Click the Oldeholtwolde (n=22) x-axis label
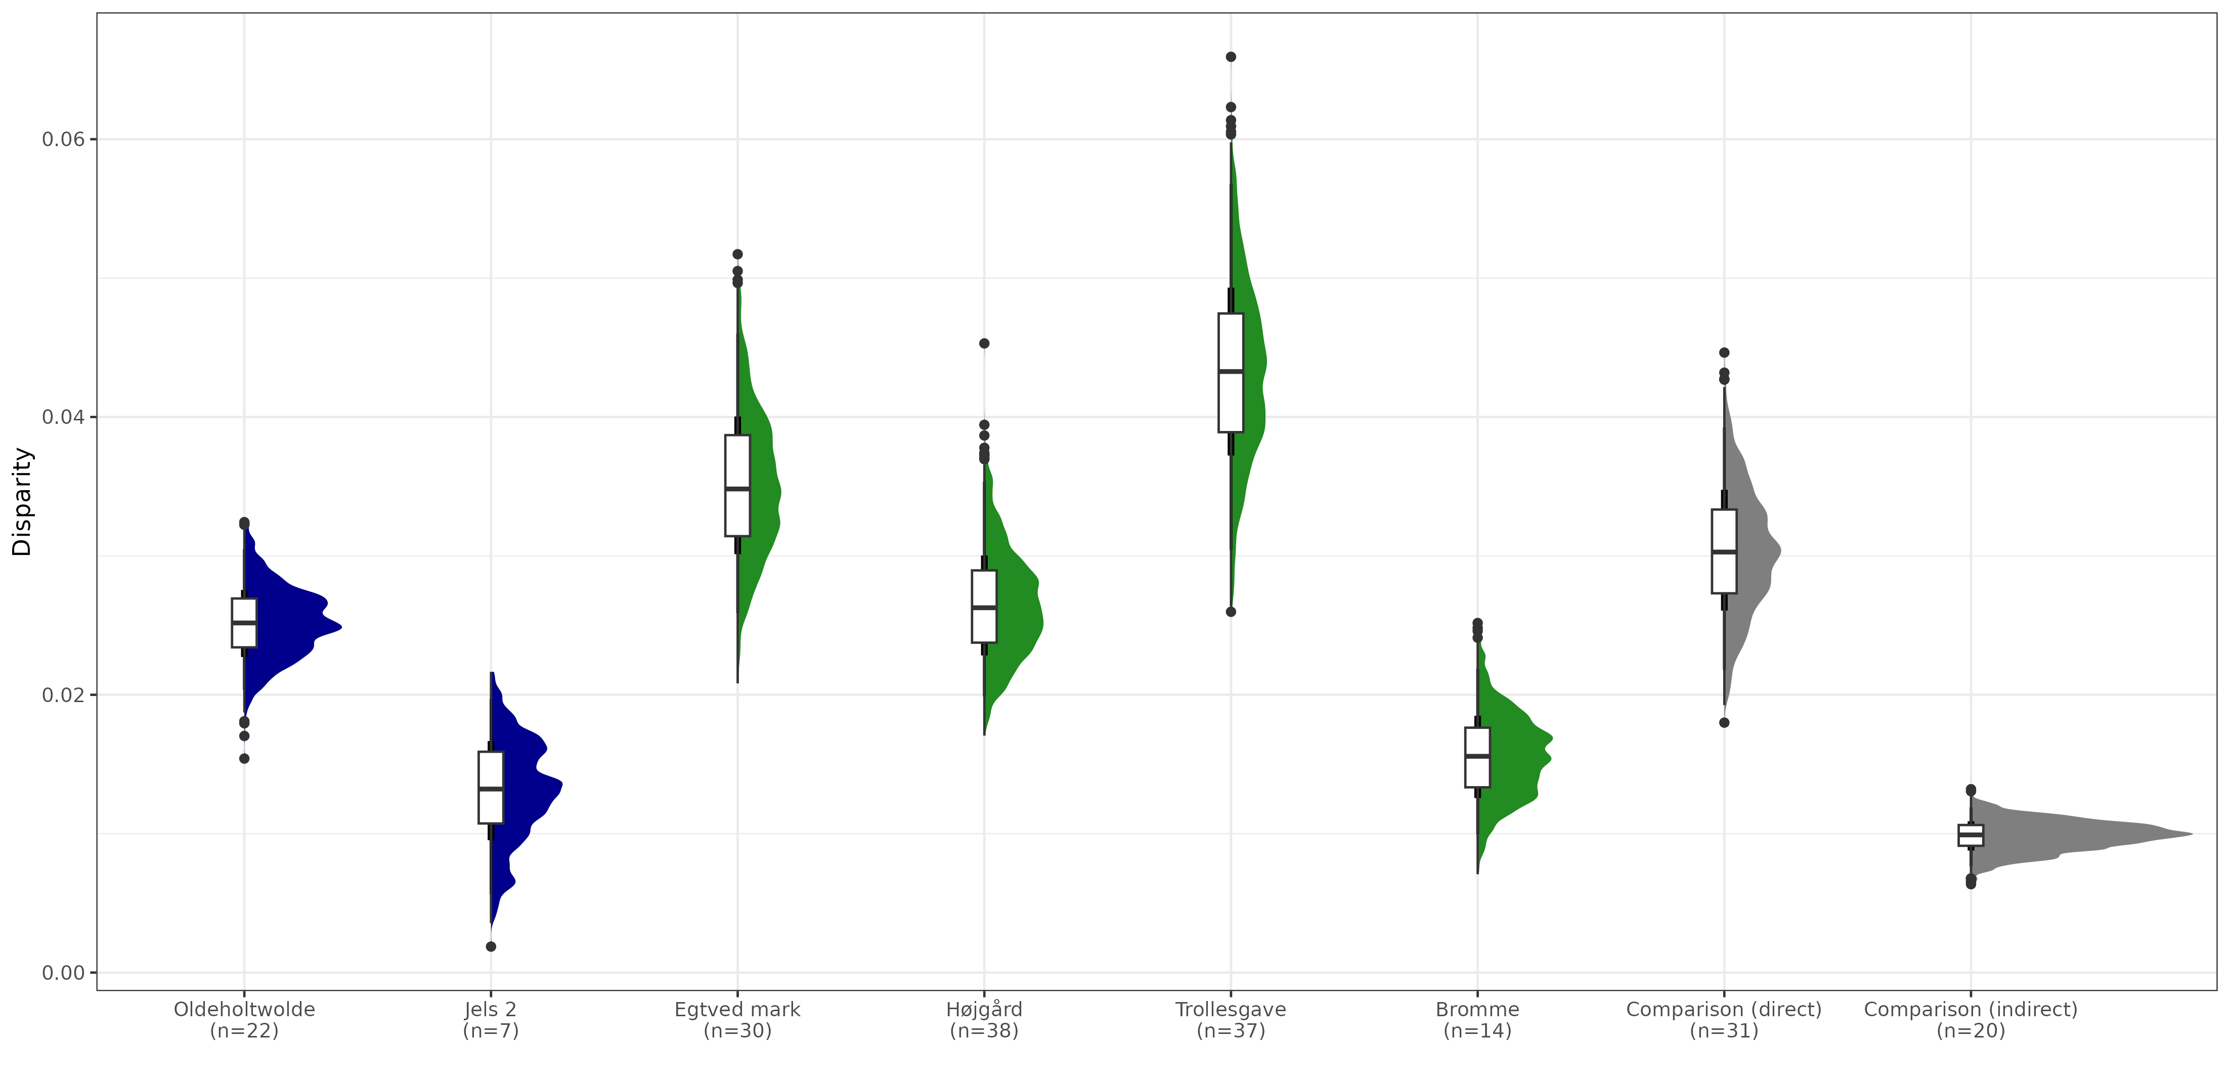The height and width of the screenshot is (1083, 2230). (244, 1020)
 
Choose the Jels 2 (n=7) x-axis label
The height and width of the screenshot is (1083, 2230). (491, 1020)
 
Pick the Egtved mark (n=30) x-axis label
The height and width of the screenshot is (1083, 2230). (737, 1020)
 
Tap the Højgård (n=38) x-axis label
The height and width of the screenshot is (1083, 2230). (984, 1020)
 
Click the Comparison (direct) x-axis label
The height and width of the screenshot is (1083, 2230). (1724, 1020)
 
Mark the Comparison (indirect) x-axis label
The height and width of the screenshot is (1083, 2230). (1971, 1020)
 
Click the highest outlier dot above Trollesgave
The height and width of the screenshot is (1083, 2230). (1231, 57)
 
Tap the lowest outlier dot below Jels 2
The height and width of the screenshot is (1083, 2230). (491, 946)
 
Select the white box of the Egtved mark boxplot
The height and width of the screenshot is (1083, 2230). (737, 485)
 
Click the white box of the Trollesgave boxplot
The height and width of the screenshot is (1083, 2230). (1231, 372)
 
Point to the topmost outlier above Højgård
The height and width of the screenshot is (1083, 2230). (984, 343)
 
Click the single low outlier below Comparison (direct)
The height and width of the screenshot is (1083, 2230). (1724, 723)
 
